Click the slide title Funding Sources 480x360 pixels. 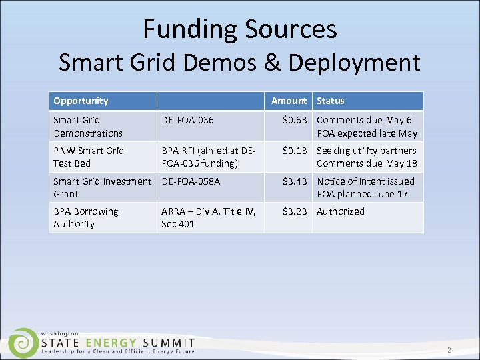click(x=239, y=29)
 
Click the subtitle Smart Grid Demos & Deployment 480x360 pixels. click(x=239, y=63)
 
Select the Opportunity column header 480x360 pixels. click(x=81, y=101)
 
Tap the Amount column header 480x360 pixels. click(x=289, y=101)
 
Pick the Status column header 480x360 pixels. click(x=331, y=101)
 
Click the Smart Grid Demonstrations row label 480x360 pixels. click(x=88, y=127)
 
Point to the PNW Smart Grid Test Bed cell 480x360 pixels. click(x=89, y=157)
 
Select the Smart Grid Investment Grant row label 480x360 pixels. click(x=103, y=187)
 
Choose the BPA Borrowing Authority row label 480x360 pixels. click(x=85, y=217)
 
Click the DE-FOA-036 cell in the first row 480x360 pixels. click(x=187, y=121)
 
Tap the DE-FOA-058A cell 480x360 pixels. click(x=191, y=181)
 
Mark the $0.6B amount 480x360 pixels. click(x=295, y=121)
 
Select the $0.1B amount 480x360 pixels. click(x=295, y=151)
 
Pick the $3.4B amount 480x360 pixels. click(x=295, y=181)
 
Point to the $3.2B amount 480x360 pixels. click(x=295, y=211)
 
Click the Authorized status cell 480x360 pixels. click(x=341, y=211)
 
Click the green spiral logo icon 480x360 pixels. click(x=23, y=343)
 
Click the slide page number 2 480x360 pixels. click(x=449, y=350)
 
